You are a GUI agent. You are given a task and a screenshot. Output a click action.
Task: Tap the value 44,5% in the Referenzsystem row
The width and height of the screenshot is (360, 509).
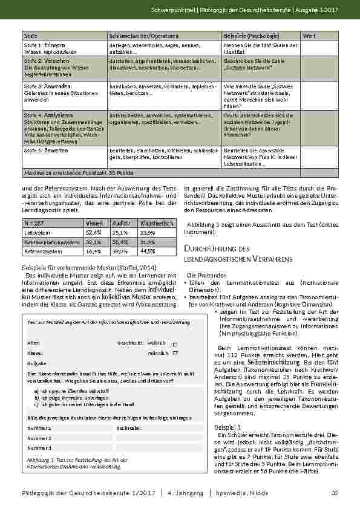point(148,250)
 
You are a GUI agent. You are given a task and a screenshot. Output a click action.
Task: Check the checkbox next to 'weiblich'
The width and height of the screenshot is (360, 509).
point(175,343)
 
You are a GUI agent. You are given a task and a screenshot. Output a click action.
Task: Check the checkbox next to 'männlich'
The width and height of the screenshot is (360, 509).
point(175,353)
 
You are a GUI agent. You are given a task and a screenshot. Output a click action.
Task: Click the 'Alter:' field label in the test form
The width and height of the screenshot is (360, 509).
point(34,343)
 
